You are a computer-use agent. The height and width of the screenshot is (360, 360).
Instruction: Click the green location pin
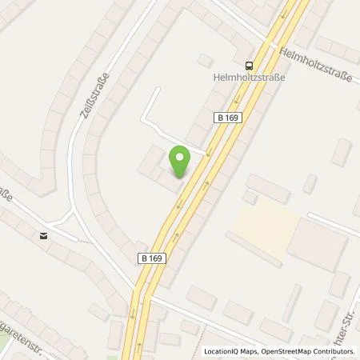coord(180,161)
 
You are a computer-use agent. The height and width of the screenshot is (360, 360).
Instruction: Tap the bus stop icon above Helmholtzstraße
coord(250,66)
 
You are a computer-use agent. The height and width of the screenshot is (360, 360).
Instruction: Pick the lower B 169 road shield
coord(151,258)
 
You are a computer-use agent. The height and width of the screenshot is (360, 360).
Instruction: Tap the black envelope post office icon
coord(43,235)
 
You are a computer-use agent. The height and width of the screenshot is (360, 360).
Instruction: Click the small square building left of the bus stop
coord(206,60)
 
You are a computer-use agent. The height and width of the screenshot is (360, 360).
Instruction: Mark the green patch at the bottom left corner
coord(5,353)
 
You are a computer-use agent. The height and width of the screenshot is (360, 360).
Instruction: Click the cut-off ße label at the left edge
coord(6,195)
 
